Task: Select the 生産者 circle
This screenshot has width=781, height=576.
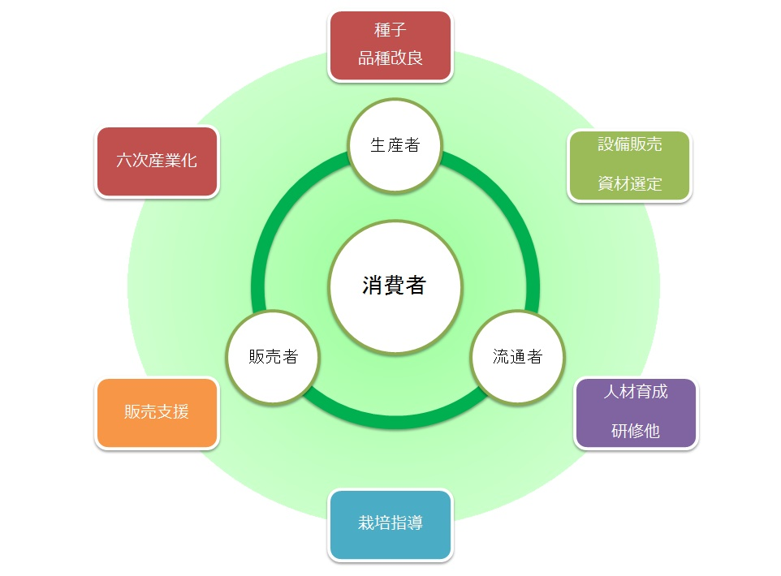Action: click(x=395, y=146)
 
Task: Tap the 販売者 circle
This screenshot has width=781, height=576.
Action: click(x=273, y=357)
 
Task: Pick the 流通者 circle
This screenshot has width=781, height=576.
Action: click(x=517, y=357)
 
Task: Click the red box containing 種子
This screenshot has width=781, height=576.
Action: click(x=390, y=46)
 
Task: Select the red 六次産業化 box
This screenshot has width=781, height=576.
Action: click(x=157, y=161)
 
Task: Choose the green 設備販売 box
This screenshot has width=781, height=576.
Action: click(x=629, y=165)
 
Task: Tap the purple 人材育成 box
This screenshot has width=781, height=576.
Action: click(x=636, y=413)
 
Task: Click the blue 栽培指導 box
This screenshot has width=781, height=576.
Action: click(x=390, y=524)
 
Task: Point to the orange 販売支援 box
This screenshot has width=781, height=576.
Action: click(x=157, y=413)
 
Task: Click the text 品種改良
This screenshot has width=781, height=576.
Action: click(x=390, y=59)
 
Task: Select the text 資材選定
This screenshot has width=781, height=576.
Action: click(x=630, y=184)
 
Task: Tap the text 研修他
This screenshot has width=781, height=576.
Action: click(x=636, y=432)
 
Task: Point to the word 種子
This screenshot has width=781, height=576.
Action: click(x=390, y=31)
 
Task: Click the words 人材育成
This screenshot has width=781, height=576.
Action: click(x=636, y=392)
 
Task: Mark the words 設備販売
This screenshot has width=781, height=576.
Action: click(x=630, y=144)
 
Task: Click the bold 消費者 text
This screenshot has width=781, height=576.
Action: click(x=395, y=286)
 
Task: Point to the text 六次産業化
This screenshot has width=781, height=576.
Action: click(x=157, y=161)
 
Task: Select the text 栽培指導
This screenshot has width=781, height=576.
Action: click(x=390, y=523)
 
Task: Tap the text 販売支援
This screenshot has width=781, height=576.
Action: click(x=157, y=412)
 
